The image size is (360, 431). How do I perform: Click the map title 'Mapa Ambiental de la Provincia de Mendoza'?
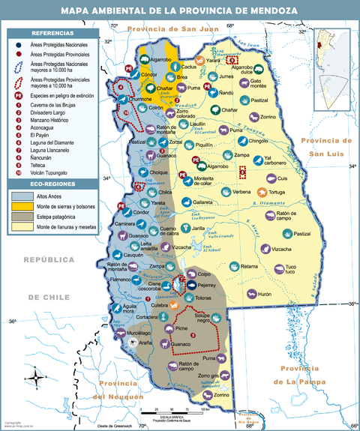tap(179, 10)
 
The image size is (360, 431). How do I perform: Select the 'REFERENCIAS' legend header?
tap(52, 34)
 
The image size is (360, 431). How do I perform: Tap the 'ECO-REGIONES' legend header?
tap(52, 183)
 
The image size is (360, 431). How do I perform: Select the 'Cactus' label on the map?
tap(188, 66)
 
